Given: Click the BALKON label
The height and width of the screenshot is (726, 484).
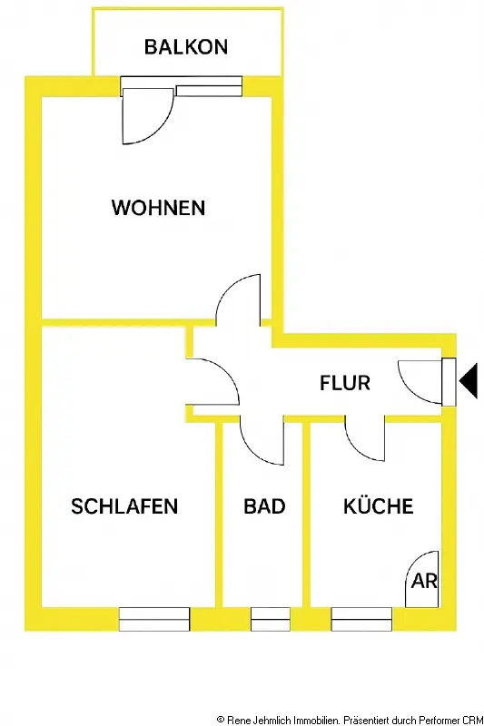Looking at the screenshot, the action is pos(186,47).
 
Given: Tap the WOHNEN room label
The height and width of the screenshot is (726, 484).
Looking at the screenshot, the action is pos(158,208).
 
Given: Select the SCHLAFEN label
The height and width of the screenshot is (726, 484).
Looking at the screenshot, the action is pos(124,506).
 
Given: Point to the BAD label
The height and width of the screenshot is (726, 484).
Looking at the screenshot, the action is pos(264,506).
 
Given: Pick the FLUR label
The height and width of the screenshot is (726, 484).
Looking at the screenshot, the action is pos(345,383).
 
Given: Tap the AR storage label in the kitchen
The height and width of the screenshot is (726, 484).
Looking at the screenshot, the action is pos(424,581).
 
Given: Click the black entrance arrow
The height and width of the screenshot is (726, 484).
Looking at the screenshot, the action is pos(469,381).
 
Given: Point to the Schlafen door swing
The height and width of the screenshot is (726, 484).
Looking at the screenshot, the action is pos(227,373).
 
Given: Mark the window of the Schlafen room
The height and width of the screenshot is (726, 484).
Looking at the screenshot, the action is pos(154,619).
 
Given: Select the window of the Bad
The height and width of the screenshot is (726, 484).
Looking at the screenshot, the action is pos(271,619).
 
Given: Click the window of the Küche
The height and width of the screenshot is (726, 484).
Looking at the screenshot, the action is pos(361,619).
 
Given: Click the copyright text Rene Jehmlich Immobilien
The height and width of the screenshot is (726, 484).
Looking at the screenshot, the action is pos(283,720).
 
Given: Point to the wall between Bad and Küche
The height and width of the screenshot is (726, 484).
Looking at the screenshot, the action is pos(306,515).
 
